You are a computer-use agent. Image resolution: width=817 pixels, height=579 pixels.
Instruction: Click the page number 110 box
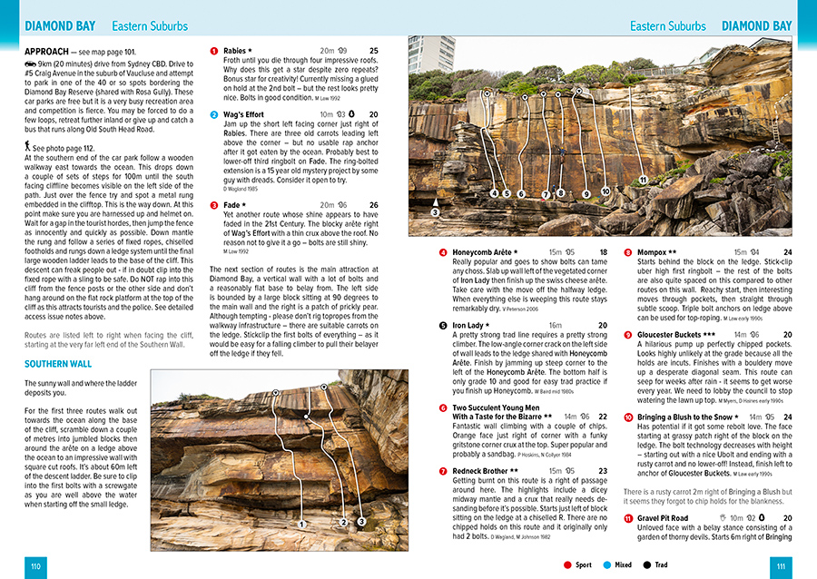pyautogui.click(x=34, y=566)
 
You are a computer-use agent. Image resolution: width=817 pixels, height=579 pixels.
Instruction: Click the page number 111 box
pyautogui.click(x=781, y=566)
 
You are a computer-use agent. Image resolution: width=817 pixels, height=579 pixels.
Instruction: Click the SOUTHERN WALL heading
pyautogui.click(x=57, y=364)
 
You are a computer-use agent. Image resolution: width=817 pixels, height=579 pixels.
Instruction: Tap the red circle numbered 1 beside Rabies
pyautogui.click(x=214, y=52)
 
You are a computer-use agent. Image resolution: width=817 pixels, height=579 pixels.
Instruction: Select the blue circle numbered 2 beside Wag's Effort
pyautogui.click(x=214, y=115)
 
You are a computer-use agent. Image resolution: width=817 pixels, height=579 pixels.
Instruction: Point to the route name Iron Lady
pyautogui.click(x=468, y=325)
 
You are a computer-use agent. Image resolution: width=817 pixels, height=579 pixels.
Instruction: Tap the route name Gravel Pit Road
pyautogui.click(x=663, y=518)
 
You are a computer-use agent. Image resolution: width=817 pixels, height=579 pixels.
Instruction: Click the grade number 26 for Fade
pyautogui.click(x=373, y=205)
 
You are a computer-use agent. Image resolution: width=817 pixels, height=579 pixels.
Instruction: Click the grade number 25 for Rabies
pyautogui.click(x=373, y=52)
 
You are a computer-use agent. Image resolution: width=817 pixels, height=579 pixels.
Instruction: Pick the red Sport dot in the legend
pyautogui.click(x=567, y=565)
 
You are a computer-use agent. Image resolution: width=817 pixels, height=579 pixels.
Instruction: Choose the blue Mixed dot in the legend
pyautogui.click(x=607, y=565)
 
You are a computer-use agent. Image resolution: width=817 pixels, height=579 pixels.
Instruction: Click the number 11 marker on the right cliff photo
pyautogui.click(x=643, y=180)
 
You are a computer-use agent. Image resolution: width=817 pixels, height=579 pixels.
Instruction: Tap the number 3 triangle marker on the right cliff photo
pyautogui.click(x=435, y=211)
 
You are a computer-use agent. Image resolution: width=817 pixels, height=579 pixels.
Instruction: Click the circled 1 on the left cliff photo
pyautogui.click(x=300, y=524)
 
